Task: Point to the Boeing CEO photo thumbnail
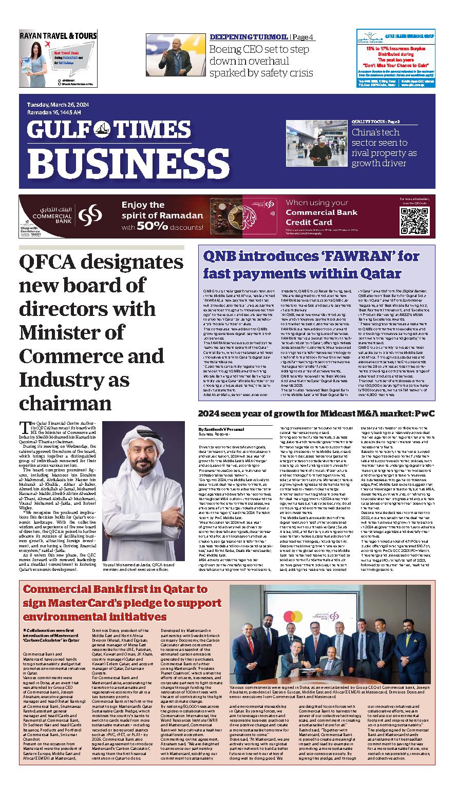(x=175, y=55)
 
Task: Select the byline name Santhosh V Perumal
(x=221, y=429)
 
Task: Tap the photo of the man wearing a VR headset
(x=317, y=144)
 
